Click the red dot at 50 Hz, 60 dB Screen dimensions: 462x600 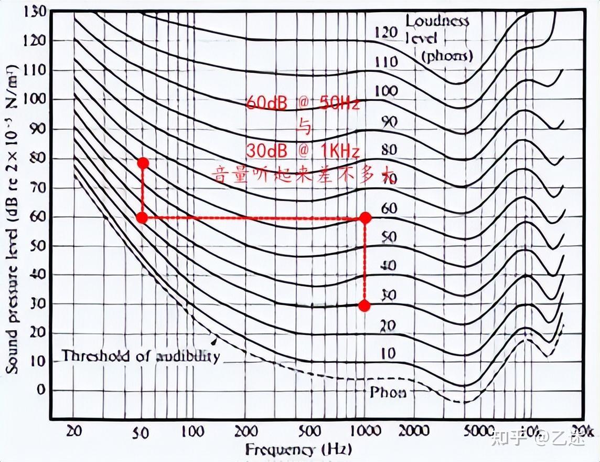(142, 217)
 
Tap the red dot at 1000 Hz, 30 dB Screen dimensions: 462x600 (365, 306)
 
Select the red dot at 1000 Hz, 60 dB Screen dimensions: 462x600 (366, 217)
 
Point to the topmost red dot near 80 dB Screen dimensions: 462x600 (143, 163)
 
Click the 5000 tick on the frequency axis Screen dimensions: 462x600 (479, 432)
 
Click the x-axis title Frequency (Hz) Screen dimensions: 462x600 (298, 449)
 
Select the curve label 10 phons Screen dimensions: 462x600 (388, 353)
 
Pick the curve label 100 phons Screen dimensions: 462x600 (386, 91)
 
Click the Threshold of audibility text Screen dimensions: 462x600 (141, 356)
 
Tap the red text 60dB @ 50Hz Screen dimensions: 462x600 (303, 103)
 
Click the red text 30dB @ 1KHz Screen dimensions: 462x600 (303, 151)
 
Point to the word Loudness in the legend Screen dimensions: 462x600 (437, 21)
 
